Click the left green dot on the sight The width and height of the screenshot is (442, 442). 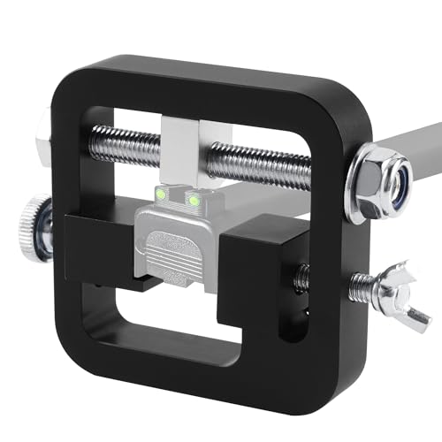coord(161,193)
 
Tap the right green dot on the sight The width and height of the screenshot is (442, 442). coord(194,200)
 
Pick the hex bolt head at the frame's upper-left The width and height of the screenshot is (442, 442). coord(42,141)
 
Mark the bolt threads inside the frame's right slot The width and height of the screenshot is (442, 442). coord(301,276)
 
